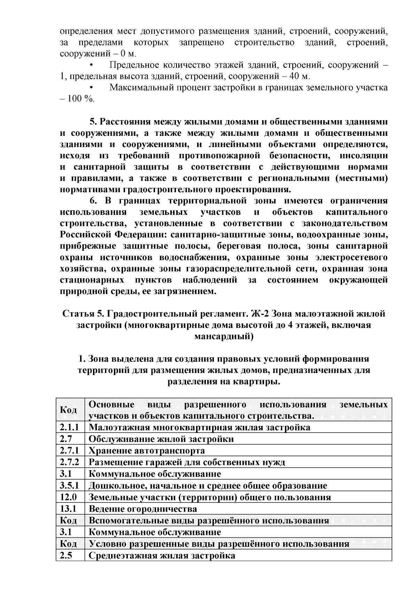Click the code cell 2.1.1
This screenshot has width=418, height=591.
click(x=70, y=427)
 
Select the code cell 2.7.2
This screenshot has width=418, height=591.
click(x=70, y=462)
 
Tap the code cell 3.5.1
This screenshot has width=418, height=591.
click(x=70, y=486)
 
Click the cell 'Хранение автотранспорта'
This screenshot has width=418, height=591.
click(x=147, y=451)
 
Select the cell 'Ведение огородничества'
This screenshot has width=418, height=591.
click(x=143, y=509)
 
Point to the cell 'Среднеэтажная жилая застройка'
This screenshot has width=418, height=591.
click(x=162, y=556)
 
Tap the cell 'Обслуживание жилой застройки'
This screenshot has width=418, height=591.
click(x=161, y=439)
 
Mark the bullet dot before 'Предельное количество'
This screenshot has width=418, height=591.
click(x=92, y=65)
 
